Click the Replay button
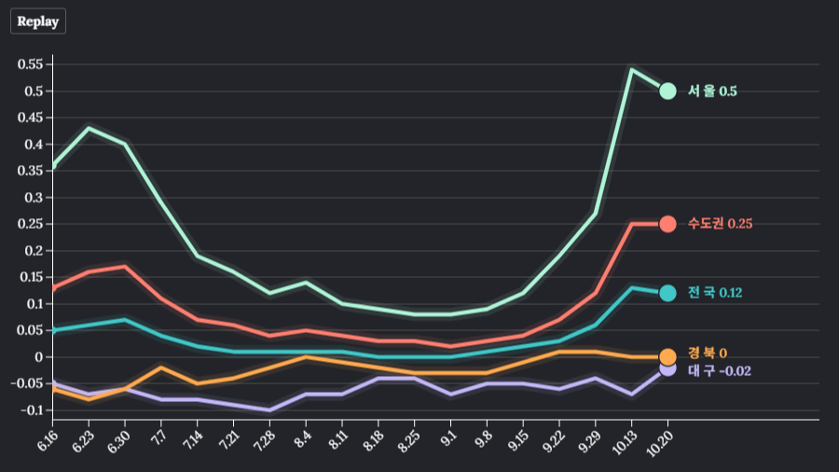click(38, 21)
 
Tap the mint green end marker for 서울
click(667, 90)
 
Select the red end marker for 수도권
click(667, 224)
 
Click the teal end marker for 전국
click(667, 293)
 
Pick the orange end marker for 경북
click(667, 356)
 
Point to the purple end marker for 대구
click(667, 368)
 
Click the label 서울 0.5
click(712, 91)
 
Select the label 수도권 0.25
click(720, 224)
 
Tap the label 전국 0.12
click(715, 293)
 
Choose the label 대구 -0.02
click(719, 371)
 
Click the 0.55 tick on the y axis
click(31, 64)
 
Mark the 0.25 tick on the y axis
click(31, 224)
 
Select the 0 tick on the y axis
click(40, 357)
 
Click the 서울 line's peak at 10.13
click(631, 69)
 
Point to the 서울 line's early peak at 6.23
click(89, 128)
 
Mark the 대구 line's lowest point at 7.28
click(269, 410)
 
